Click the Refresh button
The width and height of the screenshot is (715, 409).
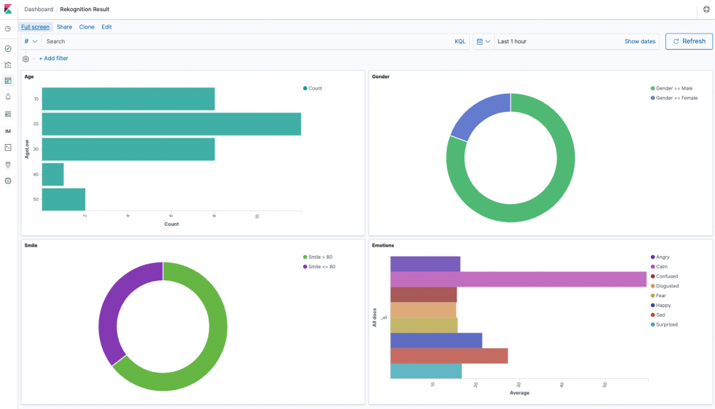(x=688, y=41)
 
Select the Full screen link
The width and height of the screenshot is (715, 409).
(x=35, y=27)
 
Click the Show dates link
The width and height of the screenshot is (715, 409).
(x=640, y=41)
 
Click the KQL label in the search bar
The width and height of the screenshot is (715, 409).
(x=459, y=41)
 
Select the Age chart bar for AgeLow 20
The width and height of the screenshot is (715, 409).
(x=171, y=124)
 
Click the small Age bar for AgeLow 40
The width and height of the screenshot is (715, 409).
(x=53, y=174)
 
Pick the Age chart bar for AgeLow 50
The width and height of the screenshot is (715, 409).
(x=64, y=199)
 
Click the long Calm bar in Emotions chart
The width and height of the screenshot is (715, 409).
(x=517, y=279)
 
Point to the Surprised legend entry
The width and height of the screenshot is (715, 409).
(x=666, y=324)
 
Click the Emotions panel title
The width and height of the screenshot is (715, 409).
(x=383, y=245)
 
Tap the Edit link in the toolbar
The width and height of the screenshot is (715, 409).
(x=106, y=27)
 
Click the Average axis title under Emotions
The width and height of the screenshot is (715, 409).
(x=519, y=393)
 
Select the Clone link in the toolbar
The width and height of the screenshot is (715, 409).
(x=87, y=27)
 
